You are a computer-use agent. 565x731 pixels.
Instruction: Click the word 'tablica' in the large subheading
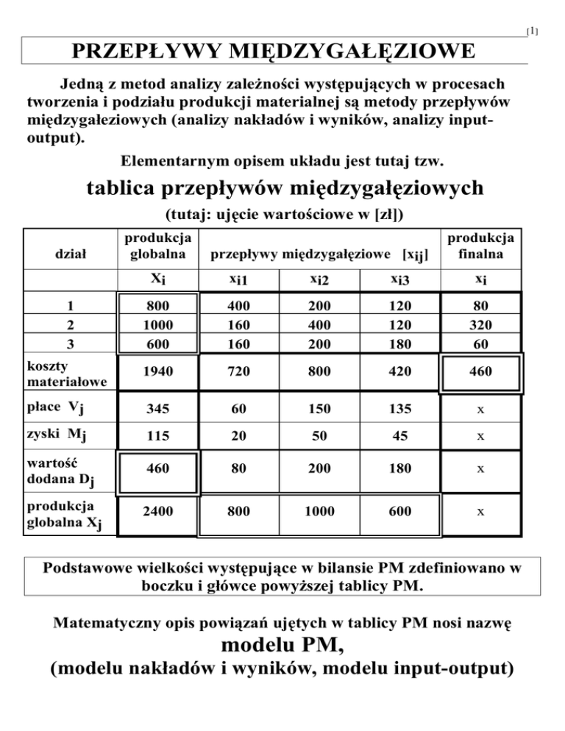coord(119,188)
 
